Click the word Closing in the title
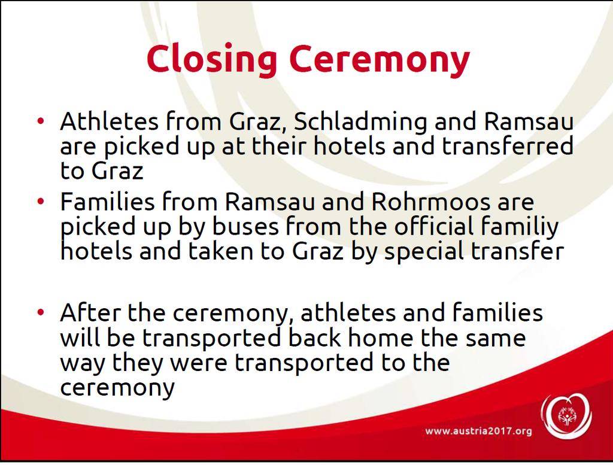211,59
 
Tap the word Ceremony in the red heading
380,59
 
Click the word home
380,338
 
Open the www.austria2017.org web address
478,431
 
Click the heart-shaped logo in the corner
566,416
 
